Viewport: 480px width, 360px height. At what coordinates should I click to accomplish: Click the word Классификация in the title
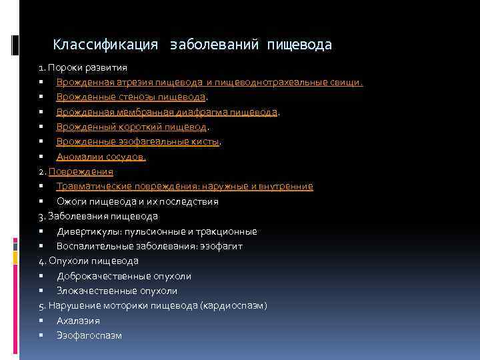coord(105,45)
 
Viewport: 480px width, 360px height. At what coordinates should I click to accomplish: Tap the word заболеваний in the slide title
coord(213,45)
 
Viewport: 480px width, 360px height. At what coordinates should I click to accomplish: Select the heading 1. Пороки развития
coord(83,68)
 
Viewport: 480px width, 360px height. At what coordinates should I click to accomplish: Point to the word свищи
coord(347,83)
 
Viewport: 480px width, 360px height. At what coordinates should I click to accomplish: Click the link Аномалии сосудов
coord(101,157)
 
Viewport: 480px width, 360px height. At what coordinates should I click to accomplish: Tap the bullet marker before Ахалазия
coord(41,320)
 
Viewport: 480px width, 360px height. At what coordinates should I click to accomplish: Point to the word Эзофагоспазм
coord(89,335)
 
